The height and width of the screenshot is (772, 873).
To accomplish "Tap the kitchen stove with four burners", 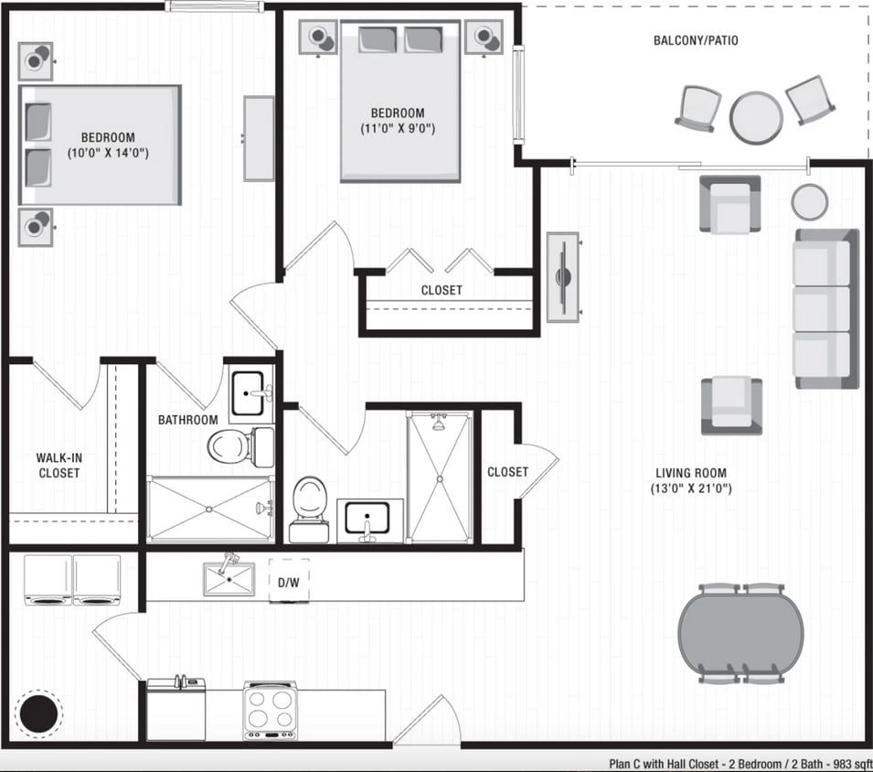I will (271, 709).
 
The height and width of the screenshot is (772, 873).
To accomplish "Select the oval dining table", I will (740, 633).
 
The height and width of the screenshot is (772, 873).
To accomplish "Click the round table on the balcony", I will (756, 117).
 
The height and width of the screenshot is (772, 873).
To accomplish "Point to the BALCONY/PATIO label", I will (696, 40).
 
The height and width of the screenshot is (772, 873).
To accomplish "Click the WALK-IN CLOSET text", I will (59, 465).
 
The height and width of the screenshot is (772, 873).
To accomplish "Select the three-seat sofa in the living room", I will (825, 308).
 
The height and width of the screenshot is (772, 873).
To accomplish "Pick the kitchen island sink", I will (229, 578).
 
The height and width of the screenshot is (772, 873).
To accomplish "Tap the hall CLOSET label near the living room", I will (507, 472).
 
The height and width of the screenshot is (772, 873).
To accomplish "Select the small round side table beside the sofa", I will (809, 201).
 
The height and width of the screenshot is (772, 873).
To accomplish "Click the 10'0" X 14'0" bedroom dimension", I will (108, 154).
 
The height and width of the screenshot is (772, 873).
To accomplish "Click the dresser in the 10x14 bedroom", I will (259, 138).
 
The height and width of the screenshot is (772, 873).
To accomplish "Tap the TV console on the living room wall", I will (562, 276).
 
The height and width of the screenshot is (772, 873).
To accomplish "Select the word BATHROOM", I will (187, 420).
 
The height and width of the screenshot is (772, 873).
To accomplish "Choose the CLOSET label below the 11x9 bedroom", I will (442, 290).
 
